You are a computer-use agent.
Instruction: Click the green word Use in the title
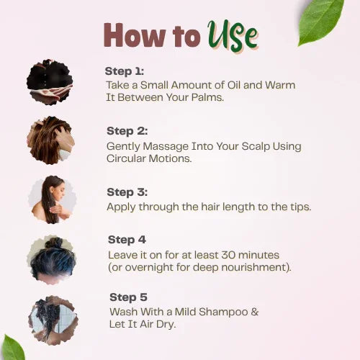[232, 35]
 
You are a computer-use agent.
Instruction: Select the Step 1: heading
[125, 71]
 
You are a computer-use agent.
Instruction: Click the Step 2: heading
[127, 131]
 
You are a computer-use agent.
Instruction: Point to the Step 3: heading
[127, 192]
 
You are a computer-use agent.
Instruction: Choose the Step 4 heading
[127, 240]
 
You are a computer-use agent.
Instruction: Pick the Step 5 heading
[128, 297]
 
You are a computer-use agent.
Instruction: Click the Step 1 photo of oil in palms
[50, 83]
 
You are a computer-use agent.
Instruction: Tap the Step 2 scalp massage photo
[50, 140]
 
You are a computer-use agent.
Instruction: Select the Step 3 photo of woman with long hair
[51, 199]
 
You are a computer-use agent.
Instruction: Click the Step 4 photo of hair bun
[51, 258]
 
